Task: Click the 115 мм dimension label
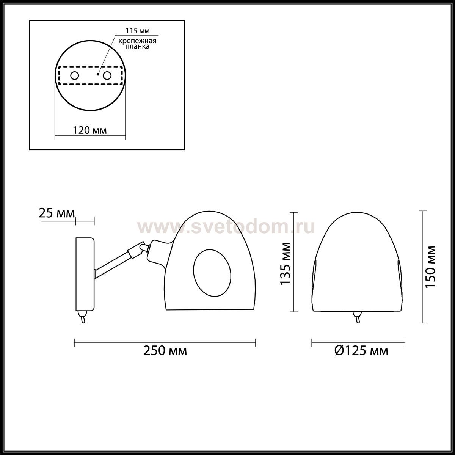pyautogui.click(x=137, y=31)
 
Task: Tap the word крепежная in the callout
pyautogui.click(x=137, y=41)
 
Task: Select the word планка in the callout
pyautogui.click(x=137, y=46)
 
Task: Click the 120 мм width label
pyautogui.click(x=90, y=130)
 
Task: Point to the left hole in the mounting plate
pyautogui.click(x=75, y=76)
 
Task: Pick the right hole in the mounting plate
pyautogui.click(x=107, y=76)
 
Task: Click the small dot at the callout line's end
pyautogui.click(x=98, y=75)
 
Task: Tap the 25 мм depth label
pyautogui.click(x=56, y=213)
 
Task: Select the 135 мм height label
pyautogui.click(x=285, y=264)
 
